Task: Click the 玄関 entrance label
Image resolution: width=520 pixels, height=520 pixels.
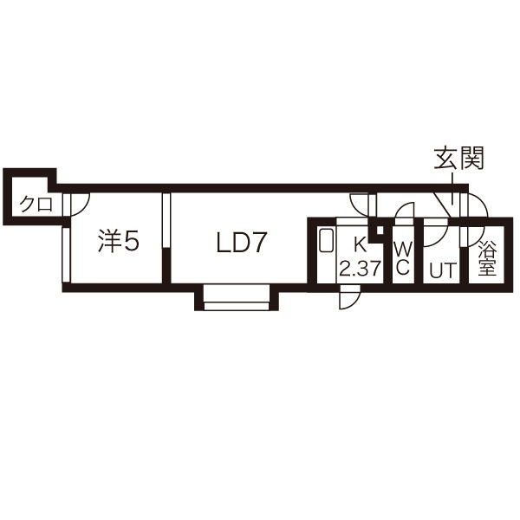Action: (x=459, y=159)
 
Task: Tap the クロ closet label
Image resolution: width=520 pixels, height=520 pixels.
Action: (x=36, y=204)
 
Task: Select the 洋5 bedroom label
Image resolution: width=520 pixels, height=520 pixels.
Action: (x=119, y=242)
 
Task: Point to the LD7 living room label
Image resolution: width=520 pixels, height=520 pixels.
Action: (x=242, y=243)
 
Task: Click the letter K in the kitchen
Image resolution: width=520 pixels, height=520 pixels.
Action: (x=360, y=246)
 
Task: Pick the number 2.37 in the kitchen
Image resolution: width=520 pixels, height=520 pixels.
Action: (x=360, y=268)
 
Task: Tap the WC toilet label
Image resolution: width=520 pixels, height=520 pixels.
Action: (x=403, y=257)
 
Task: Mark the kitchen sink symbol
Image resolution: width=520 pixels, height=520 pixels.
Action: (x=327, y=241)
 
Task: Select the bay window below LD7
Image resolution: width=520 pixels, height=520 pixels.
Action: (x=236, y=297)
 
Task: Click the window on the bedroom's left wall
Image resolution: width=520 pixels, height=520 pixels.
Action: (x=67, y=255)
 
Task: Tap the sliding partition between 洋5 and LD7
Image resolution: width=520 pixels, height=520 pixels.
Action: (x=166, y=220)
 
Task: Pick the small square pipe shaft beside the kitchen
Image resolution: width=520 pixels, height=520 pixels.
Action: (x=380, y=230)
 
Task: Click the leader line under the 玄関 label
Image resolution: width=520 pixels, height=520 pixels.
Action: (x=452, y=188)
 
